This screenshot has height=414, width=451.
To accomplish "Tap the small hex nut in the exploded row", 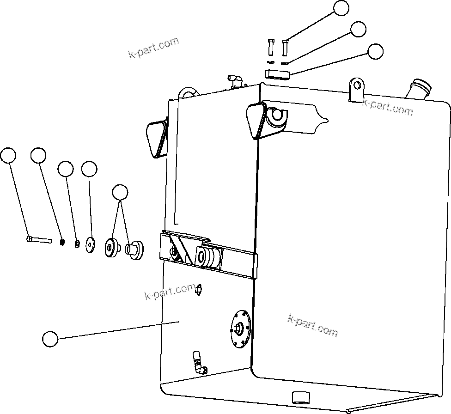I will [77, 244].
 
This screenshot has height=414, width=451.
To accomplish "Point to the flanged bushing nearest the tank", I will [136, 250].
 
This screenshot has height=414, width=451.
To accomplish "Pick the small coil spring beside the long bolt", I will [62, 241].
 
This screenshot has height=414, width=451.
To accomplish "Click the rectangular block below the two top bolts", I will [277, 73].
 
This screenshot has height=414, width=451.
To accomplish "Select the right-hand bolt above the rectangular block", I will [285, 47].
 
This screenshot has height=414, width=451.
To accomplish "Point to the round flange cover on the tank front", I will [240, 328].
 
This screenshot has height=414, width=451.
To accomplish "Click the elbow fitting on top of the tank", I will [234, 80].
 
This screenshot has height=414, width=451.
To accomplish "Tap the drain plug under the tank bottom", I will [300, 397].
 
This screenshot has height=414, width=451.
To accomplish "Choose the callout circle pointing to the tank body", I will [50, 339].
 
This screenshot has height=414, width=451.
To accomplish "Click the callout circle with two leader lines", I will [120, 192].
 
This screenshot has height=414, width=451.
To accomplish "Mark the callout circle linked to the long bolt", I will [8, 156].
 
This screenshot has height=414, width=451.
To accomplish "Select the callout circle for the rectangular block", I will [375, 51].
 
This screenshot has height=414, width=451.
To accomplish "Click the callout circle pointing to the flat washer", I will [89, 169].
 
